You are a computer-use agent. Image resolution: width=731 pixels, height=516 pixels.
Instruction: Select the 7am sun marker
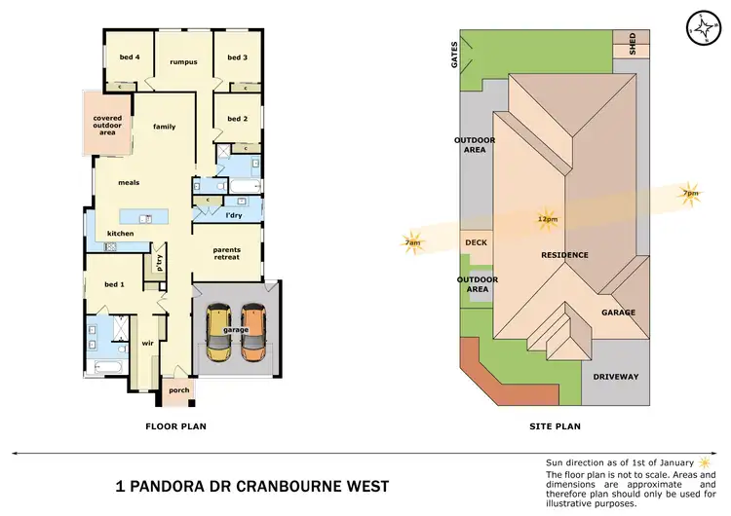coord(413,242)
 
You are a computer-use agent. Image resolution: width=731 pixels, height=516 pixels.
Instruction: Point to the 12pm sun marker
coord(547,218)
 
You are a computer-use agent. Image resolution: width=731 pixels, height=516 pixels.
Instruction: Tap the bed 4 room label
coord(130,57)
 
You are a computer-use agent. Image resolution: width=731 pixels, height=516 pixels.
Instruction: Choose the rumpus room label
coord(184,61)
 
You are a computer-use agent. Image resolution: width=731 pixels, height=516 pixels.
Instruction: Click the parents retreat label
coord(227,254)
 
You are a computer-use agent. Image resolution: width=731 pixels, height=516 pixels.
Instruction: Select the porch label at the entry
coord(179,391)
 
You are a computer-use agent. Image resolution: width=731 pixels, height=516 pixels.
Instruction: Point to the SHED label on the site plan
coord(633,44)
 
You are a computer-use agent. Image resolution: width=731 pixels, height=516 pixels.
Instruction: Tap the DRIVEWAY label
coord(616,376)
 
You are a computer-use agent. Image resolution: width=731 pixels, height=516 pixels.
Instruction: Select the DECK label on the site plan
coord(476,243)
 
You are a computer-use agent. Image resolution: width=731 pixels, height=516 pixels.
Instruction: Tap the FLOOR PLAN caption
coord(174,425)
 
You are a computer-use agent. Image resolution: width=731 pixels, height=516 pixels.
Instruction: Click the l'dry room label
coord(234,214)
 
